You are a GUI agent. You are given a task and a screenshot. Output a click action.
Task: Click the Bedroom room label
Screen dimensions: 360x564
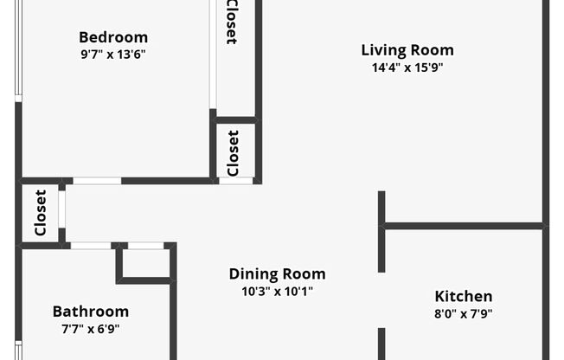[x=113, y=37]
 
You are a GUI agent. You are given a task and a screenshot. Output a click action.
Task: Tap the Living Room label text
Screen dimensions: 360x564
[x=407, y=50]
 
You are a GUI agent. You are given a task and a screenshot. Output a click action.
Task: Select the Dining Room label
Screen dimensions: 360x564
[x=277, y=274]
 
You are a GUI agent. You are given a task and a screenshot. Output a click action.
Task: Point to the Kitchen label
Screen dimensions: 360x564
[x=463, y=296]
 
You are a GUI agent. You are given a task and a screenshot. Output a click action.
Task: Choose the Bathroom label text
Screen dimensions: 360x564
[x=91, y=312]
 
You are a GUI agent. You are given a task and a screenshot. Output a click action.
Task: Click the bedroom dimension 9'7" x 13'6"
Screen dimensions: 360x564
[x=113, y=54]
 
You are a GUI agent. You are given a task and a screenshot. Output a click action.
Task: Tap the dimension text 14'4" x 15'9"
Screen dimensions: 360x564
[x=407, y=67]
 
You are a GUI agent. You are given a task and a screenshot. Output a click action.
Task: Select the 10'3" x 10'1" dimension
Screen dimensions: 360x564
[x=277, y=292]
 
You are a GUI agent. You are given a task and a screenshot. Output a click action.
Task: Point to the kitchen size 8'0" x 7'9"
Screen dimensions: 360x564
[x=463, y=313]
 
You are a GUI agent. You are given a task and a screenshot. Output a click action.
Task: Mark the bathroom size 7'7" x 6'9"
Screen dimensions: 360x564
[x=91, y=329]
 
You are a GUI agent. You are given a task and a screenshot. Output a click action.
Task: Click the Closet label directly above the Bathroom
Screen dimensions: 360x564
[x=40, y=213]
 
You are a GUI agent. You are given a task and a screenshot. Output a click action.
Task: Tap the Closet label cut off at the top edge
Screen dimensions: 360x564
[x=232, y=22]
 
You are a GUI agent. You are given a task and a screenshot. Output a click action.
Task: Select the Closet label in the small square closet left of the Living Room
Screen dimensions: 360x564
[x=234, y=152]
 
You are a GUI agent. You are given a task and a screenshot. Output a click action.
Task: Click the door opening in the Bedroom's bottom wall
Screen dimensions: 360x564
[x=97, y=181]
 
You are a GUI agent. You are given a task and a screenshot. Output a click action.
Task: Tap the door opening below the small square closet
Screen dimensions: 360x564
[x=236, y=181]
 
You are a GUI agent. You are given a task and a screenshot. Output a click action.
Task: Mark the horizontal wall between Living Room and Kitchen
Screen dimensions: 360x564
[x=464, y=226]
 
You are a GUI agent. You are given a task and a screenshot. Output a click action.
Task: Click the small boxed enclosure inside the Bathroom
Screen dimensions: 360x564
[x=144, y=262]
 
